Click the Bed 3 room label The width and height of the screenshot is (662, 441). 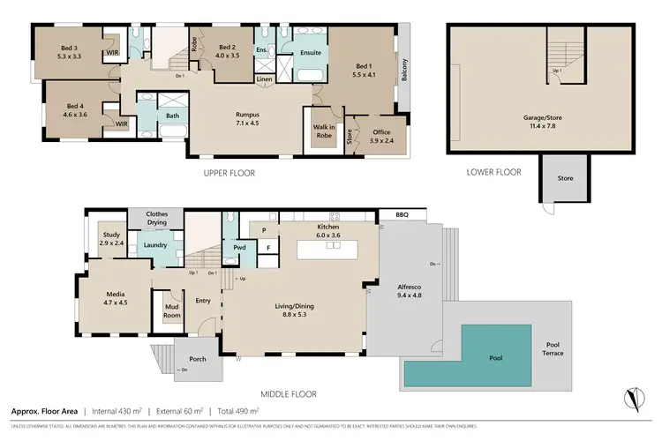70,48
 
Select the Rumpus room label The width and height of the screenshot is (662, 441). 246,114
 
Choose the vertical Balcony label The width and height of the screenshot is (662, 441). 405,70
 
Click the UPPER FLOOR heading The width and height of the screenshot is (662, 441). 229,174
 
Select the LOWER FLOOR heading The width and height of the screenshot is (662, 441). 494,173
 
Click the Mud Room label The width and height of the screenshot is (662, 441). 171,310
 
